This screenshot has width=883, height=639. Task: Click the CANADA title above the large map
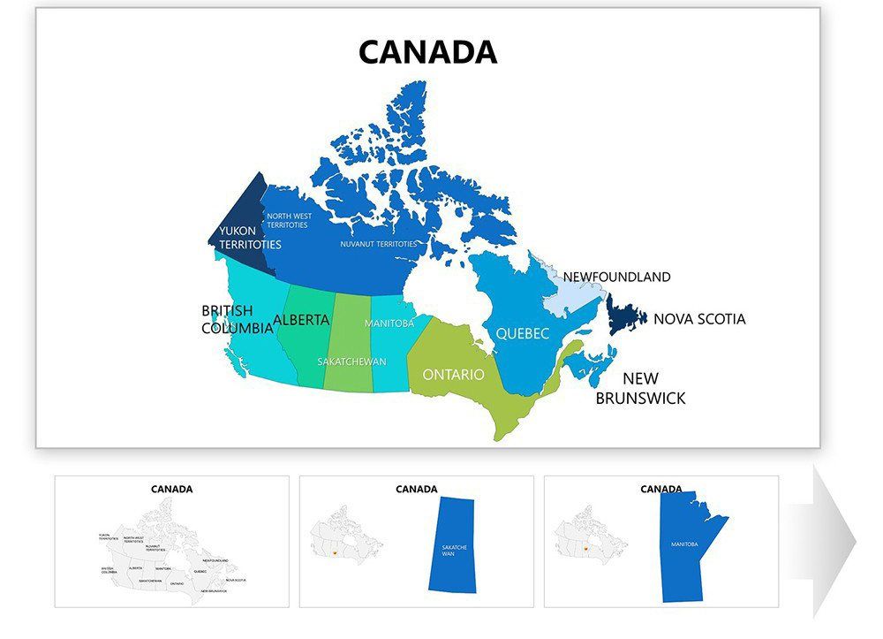(x=427, y=52)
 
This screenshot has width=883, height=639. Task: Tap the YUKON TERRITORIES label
(x=250, y=238)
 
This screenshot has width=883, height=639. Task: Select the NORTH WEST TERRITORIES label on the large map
(x=289, y=220)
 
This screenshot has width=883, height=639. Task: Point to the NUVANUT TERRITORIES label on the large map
(x=379, y=244)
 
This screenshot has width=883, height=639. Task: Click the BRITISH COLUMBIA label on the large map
(x=237, y=319)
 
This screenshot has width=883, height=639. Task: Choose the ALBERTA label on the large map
(x=301, y=320)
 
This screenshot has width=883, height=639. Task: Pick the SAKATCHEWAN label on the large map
(x=351, y=361)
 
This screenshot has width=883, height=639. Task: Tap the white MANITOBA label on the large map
(x=389, y=323)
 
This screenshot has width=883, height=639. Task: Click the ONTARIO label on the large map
(x=453, y=375)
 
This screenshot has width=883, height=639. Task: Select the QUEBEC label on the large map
(x=522, y=333)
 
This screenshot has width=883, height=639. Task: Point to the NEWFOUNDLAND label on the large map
(x=616, y=277)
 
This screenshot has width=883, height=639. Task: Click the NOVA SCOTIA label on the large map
(x=699, y=319)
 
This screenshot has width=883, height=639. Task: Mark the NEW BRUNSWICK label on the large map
(x=640, y=388)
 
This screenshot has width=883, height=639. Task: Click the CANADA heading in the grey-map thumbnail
(x=171, y=489)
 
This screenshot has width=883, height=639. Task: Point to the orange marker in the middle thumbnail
(x=336, y=554)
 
